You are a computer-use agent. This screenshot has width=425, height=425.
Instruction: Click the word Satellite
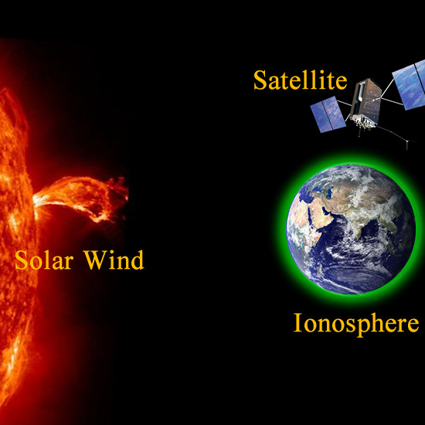pyautogui.click(x=300, y=80)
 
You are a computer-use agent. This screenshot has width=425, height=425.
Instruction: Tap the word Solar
pyautogui.click(x=44, y=260)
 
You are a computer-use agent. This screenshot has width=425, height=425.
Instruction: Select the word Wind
pyautogui.click(x=114, y=260)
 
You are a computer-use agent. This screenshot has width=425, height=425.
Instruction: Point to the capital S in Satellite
pyautogui.click(x=260, y=80)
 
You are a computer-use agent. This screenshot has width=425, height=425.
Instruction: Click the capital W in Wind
pyautogui.click(x=94, y=260)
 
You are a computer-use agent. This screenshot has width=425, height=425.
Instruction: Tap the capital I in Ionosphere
pyautogui.click(x=297, y=322)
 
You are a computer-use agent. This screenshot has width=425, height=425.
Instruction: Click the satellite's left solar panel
pyautogui.click(x=328, y=114)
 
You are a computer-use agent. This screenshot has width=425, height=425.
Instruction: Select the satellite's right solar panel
pyautogui.click(x=410, y=84)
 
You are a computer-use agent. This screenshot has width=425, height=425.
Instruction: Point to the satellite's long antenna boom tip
pyautogui.click(x=406, y=148)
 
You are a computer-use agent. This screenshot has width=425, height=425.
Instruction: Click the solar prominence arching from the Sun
pyautogui.click(x=81, y=196)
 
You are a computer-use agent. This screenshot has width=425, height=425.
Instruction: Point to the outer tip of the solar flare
pyautogui.click(x=126, y=191)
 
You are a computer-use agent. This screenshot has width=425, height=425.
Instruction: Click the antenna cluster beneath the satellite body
pyautogui.click(x=362, y=124)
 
